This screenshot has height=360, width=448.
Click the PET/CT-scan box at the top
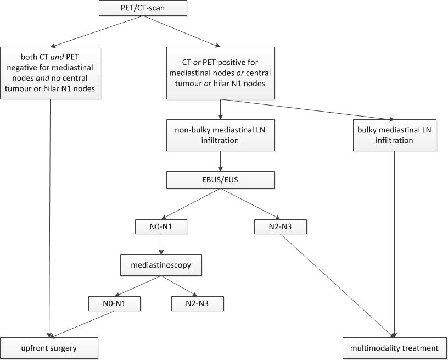143,8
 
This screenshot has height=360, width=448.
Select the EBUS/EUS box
220,180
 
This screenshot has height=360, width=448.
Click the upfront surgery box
49,348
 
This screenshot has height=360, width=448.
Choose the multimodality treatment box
394,348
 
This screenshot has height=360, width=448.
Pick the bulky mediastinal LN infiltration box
394,135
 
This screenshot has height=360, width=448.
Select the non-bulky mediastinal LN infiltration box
220,135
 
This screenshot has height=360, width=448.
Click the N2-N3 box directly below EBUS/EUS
280,226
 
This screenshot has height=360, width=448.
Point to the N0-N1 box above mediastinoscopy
161,226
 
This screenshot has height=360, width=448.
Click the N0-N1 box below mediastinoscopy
114,303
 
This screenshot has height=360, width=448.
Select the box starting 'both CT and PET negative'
51,73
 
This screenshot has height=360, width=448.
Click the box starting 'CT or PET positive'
220,73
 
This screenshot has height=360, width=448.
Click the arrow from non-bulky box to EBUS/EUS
220,161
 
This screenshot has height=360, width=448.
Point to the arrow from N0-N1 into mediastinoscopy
161,245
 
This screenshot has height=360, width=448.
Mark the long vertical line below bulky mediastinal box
395,242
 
